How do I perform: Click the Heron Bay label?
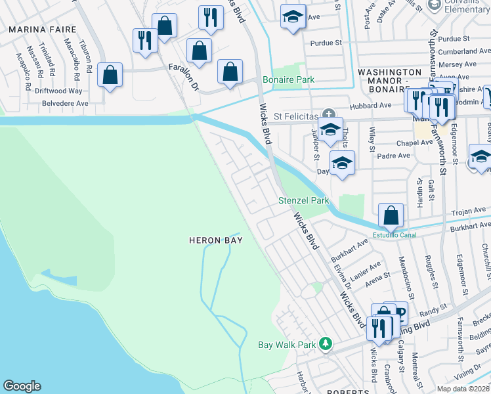pyautogui.click(x=215, y=240)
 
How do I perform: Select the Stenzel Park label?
pyautogui.click(x=303, y=200)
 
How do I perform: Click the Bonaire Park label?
pyautogui.click(x=288, y=79)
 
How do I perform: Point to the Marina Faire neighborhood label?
pyautogui.click(x=42, y=30)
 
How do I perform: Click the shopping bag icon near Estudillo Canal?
pyautogui.click(x=391, y=215)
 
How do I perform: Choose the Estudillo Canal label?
pyautogui.click(x=395, y=235)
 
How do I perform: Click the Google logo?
pyautogui.click(x=22, y=386)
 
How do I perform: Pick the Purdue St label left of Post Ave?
pyautogui.click(x=330, y=43)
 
